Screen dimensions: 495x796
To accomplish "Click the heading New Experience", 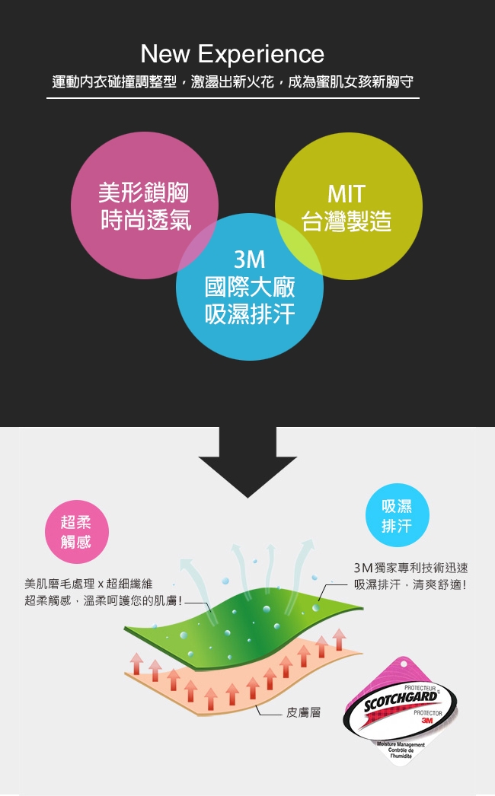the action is tap(232, 54).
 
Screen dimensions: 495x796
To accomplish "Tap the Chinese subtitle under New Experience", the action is tap(233, 81).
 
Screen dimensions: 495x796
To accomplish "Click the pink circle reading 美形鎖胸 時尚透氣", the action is tap(145, 205).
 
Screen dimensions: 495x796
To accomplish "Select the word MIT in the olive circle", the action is tap(346, 194).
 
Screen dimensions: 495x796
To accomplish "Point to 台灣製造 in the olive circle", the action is tap(346, 221).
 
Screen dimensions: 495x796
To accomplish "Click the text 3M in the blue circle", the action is tap(250, 259).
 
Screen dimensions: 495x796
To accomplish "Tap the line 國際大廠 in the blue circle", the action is tap(250, 287).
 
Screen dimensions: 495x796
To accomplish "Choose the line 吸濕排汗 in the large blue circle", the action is tap(250, 314).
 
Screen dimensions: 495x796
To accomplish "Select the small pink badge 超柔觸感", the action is tap(76, 532).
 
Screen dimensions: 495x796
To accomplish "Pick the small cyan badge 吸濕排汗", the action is tap(398, 514).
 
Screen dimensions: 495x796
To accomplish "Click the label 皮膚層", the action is tap(303, 713).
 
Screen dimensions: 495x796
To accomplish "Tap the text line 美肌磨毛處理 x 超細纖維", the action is tap(88, 584).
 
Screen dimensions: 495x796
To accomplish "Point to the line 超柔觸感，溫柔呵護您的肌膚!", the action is tap(103, 601).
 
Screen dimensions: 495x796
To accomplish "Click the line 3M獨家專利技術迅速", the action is tap(410, 568).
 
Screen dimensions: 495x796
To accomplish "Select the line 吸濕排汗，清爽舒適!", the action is tap(410, 584).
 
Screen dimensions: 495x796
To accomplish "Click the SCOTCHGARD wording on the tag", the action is tap(401, 700).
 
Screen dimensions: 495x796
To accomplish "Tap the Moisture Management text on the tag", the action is tap(401, 744).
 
